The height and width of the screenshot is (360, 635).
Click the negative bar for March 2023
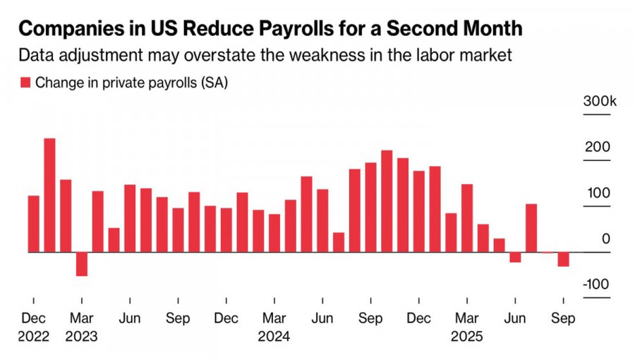(82, 264)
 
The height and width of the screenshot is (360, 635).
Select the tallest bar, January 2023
(50, 195)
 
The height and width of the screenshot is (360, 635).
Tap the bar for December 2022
(34, 223)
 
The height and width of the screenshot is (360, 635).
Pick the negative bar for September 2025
(563, 259)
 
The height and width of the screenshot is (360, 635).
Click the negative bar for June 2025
(515, 257)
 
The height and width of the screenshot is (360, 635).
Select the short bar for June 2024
(339, 242)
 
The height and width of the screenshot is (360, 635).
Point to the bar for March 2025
(467, 217)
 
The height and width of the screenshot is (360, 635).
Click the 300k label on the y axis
(599, 102)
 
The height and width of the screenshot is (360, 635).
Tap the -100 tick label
(596, 284)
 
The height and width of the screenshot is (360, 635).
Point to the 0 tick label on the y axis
(606, 239)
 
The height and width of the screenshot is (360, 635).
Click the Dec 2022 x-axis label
(34, 328)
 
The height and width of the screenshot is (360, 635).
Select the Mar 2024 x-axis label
(274, 328)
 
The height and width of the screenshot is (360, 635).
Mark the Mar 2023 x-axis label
(82, 328)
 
